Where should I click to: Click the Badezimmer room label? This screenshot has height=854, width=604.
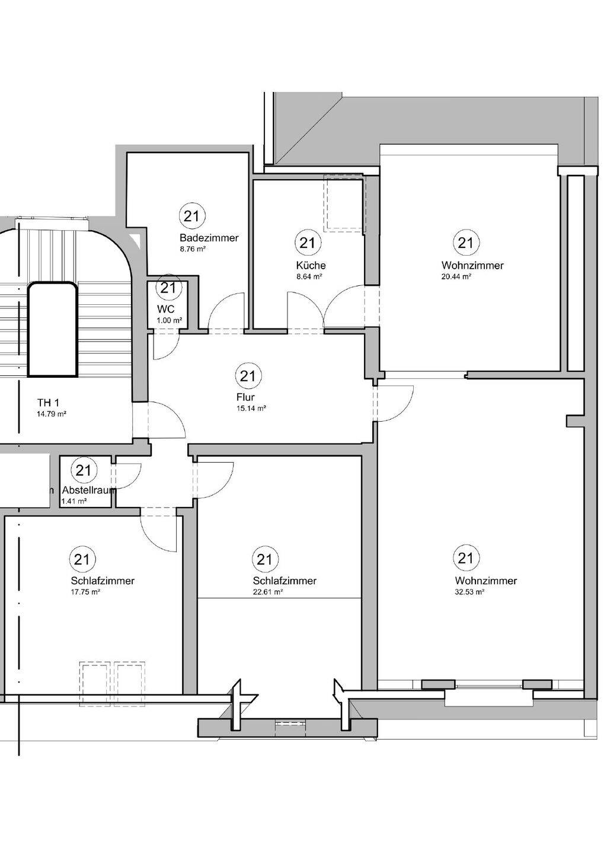pos(209,238)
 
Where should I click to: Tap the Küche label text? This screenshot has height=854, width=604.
pos(311,265)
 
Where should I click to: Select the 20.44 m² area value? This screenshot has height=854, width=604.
pos(456,277)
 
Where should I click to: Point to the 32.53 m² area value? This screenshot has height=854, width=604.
pos(469,592)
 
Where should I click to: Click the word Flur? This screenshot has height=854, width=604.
pos(245,397)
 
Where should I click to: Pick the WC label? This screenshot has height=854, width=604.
pos(166,309)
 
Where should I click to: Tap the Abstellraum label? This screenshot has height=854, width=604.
pos(89,490)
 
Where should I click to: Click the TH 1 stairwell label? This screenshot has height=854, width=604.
pos(48,403)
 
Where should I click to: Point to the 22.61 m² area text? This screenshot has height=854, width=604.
pos(267,592)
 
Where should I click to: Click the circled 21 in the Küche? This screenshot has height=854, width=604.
pos(308,243)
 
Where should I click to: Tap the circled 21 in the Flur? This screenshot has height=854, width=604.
pos(248,376)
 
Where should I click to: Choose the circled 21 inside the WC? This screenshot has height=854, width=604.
pos(168,288)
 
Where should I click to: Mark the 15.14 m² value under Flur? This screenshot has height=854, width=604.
pos(251,408)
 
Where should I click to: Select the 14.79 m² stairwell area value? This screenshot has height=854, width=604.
pos(52,414)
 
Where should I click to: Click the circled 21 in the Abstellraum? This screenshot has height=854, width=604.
pos(83,470)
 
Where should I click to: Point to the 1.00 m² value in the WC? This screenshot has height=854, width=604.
pos(170,320)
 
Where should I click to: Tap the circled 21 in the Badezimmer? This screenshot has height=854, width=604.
pos(191,216)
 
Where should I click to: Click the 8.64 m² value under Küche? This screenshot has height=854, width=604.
pos(309,277)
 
